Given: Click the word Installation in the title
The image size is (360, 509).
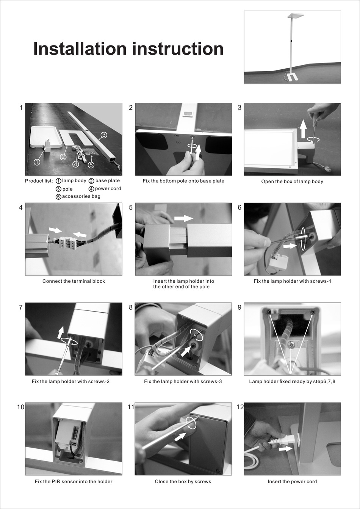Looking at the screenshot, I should pos(80,49).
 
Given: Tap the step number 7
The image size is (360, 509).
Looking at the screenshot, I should pos(20,307).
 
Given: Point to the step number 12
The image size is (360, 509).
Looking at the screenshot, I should pos(240,407).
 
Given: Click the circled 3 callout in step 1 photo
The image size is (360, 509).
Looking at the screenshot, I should pos(103,135).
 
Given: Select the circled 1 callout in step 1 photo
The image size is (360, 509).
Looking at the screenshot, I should pos(37,162).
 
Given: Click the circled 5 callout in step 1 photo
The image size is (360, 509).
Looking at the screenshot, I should pos(91,165).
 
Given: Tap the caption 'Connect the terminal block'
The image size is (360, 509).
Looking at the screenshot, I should pos(74,281).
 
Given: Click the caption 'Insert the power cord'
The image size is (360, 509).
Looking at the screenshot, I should pos(292,482).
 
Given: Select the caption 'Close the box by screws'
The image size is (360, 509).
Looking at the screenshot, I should pos(183,482).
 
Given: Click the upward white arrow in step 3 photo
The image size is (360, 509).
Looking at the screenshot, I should pos(303,129).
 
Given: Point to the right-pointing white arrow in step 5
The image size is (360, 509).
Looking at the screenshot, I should pos(183,218).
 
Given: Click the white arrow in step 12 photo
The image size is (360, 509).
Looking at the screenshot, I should pos(285,449).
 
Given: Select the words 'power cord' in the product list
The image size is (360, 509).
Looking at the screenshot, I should pos(108,189).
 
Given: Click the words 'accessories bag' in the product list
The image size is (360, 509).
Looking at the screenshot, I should pos(81,196).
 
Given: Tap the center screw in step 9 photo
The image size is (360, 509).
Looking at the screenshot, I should pos(292,345).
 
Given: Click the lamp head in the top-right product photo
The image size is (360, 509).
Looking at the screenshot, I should pos(296,16).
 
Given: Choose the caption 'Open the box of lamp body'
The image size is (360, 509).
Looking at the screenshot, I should pos(292,182).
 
